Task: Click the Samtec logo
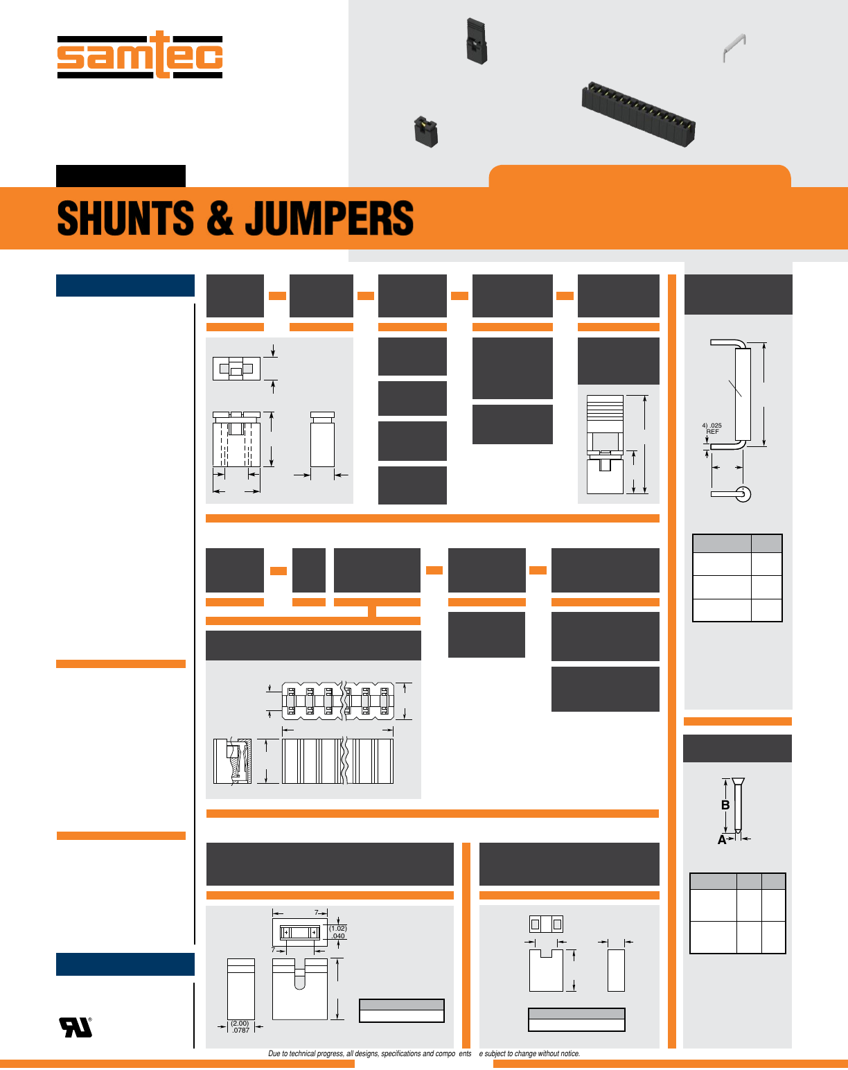point(140,55)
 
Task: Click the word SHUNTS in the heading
point(125,218)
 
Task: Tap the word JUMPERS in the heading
point(329,218)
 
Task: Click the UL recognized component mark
point(76,1027)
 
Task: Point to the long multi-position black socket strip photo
point(638,114)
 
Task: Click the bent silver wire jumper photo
point(734,47)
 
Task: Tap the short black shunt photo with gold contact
point(426,131)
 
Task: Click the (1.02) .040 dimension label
point(338,932)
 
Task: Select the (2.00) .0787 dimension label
point(240,1026)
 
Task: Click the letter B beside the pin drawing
point(725,805)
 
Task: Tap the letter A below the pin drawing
point(721,840)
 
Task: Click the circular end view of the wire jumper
point(743,494)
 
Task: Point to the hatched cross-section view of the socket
point(233,761)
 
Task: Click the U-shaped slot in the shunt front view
point(299,974)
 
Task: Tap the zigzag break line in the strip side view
point(345,761)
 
